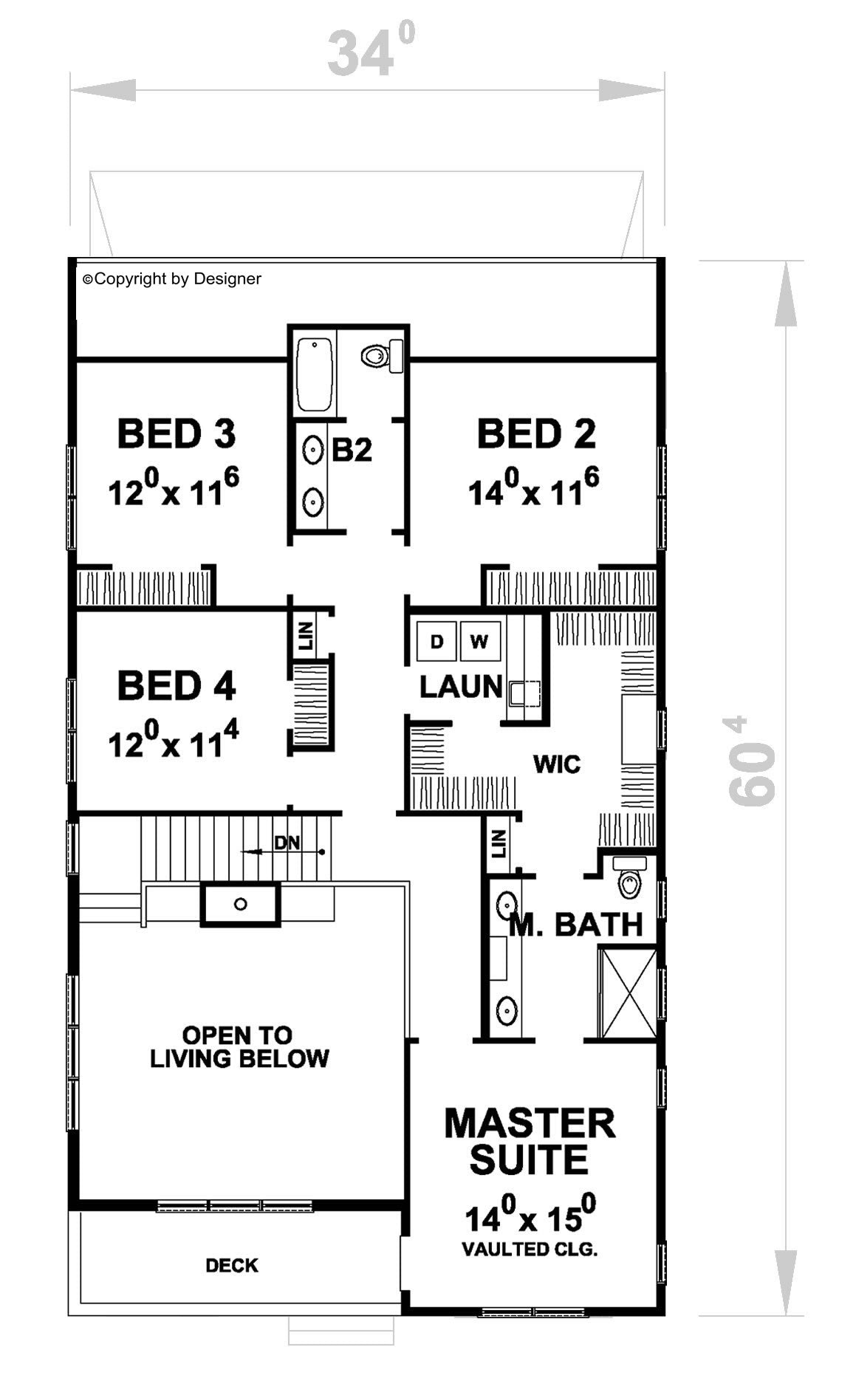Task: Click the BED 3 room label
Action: tap(177, 434)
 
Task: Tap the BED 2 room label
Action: tap(536, 434)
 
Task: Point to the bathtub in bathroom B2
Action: tap(314, 374)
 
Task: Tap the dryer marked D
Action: tap(436, 641)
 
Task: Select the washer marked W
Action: tap(480, 641)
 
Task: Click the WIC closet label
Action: tap(557, 764)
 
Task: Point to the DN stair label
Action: tap(287, 842)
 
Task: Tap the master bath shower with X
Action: tap(628, 993)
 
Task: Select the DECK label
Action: tap(232, 1265)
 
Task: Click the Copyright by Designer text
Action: tap(172, 278)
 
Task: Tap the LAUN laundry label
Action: tap(461, 687)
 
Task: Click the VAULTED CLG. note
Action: tap(530, 1250)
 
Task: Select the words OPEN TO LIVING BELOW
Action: tap(239, 1046)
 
